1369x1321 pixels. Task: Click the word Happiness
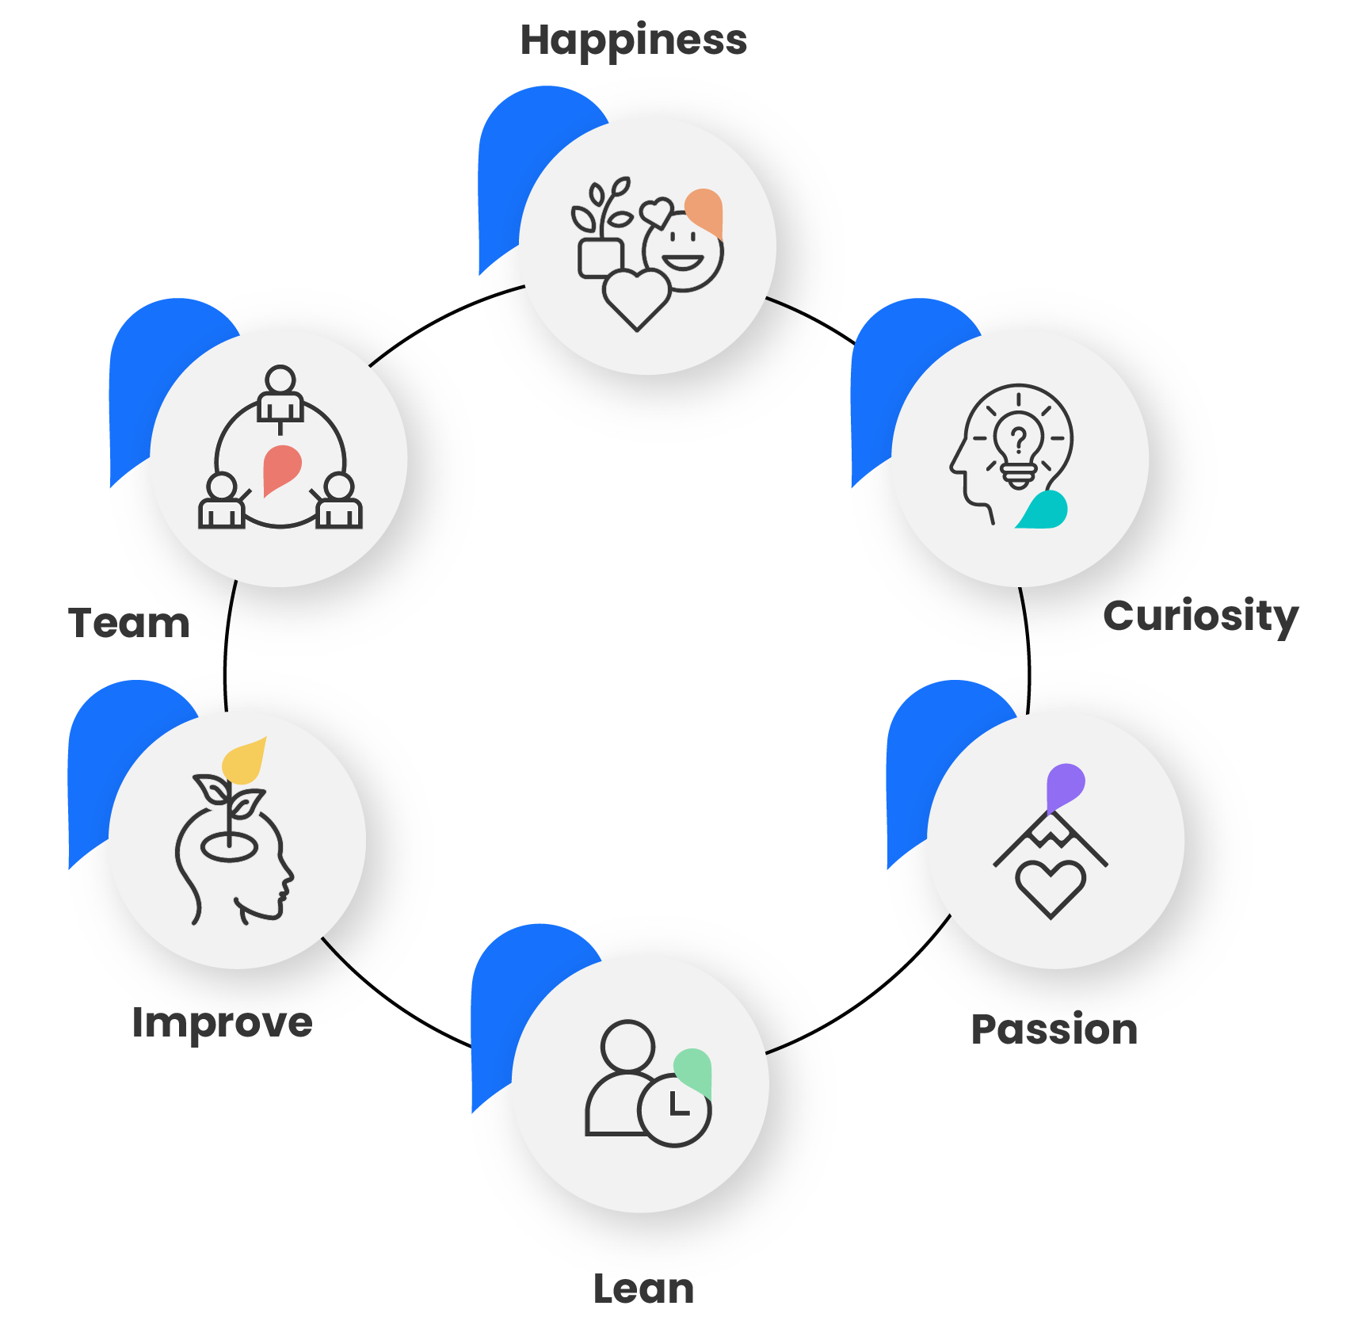point(633,40)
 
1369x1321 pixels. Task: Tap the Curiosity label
point(1200,616)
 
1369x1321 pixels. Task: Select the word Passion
point(1054,1029)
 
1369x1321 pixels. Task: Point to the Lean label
point(643,1289)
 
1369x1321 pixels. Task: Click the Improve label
point(222,1022)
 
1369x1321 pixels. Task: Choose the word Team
point(129,623)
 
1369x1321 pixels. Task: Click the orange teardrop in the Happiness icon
point(704,211)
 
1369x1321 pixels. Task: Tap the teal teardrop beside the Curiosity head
point(1044,510)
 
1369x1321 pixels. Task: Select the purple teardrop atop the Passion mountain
point(1064,785)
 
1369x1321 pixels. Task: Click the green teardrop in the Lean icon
point(693,1069)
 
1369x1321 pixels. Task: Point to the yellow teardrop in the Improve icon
point(245,762)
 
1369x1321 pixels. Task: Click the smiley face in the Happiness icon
point(684,252)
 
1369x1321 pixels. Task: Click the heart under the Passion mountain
point(1051,888)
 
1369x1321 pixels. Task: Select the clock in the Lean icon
point(674,1109)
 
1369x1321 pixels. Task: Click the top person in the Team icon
point(280,392)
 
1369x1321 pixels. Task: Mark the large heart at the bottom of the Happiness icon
point(636,298)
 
